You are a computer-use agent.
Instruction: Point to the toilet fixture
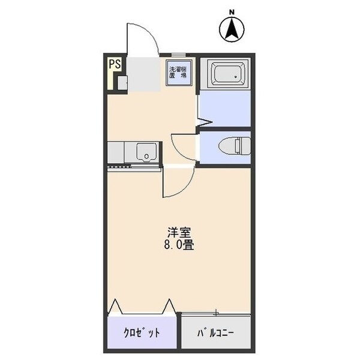click(x=233, y=146)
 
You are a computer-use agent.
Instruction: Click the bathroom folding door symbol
click(x=205, y=123)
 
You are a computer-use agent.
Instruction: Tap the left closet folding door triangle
click(x=116, y=306)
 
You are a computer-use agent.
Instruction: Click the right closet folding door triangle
click(x=170, y=306)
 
